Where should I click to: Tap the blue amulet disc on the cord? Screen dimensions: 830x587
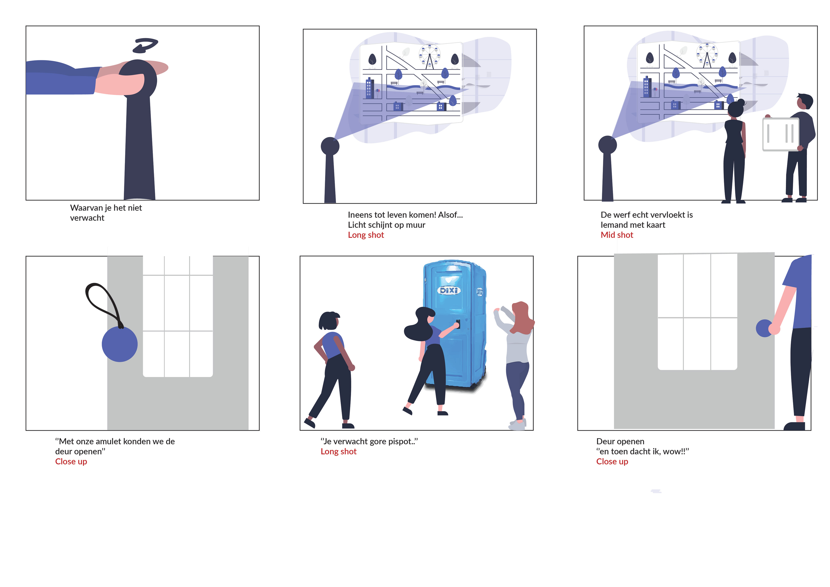120,344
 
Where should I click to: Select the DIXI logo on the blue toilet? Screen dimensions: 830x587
449,290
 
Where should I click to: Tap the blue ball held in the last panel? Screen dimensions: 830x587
764,328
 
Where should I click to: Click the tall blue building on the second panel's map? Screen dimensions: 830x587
369,88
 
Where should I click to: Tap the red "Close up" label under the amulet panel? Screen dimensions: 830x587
71,462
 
